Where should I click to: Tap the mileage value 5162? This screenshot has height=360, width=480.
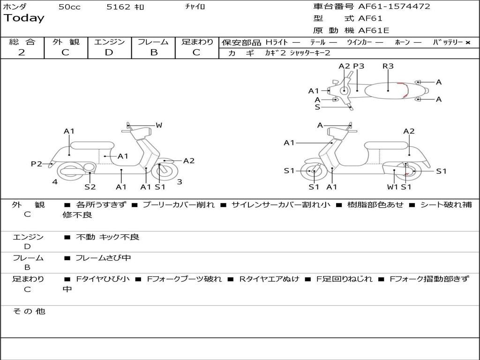[x=119, y=7]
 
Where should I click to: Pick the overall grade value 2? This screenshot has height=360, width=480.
[x=22, y=52]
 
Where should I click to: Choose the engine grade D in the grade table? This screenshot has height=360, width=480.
[x=109, y=52]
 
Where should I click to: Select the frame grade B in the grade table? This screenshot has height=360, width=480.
[x=153, y=52]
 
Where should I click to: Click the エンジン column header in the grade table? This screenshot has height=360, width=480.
[x=109, y=42]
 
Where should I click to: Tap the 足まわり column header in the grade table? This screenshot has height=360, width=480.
[x=197, y=42]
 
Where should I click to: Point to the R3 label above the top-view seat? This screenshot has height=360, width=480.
[x=388, y=66]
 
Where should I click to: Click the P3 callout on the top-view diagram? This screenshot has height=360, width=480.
[x=359, y=66]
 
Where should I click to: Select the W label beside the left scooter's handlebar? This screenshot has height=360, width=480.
[x=159, y=125]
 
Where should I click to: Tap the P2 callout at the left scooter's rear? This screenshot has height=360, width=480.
[x=36, y=164]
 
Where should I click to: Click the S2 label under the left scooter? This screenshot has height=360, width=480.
[x=90, y=187]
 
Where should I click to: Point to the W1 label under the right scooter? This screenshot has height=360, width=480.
[x=393, y=187]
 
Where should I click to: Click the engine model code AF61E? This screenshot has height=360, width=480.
[x=374, y=31]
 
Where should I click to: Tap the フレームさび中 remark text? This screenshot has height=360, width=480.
[x=103, y=258]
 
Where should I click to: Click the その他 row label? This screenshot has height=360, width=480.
[x=29, y=311]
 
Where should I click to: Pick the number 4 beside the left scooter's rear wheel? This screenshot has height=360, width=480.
[x=55, y=182]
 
